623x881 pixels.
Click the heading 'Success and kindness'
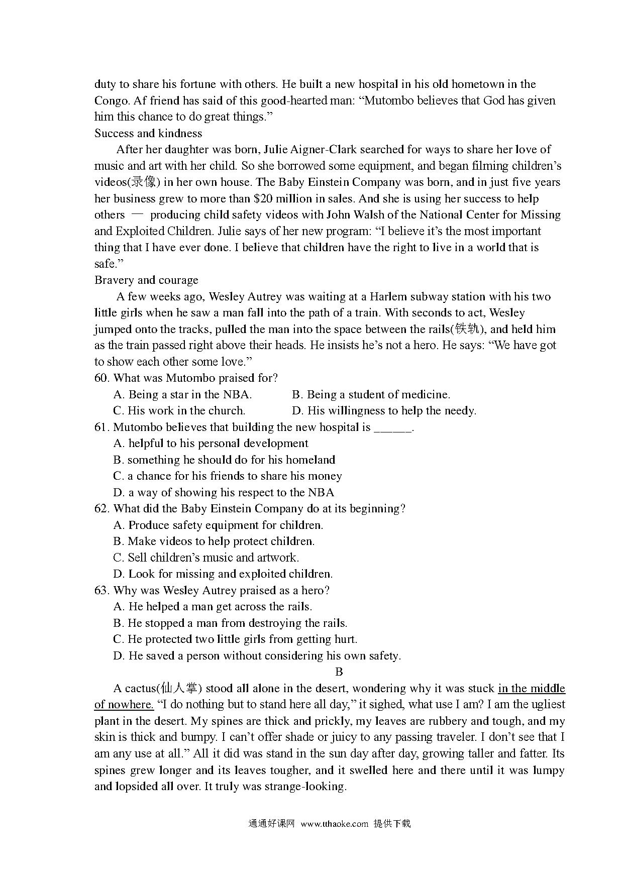click(148, 133)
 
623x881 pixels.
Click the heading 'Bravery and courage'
click(146, 280)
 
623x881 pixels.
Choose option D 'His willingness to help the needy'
click(384, 411)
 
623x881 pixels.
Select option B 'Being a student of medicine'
click(371, 395)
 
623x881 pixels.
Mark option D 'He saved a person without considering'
click(257, 656)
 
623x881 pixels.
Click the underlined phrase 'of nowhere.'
click(124, 705)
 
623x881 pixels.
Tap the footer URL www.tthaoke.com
click(335, 824)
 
